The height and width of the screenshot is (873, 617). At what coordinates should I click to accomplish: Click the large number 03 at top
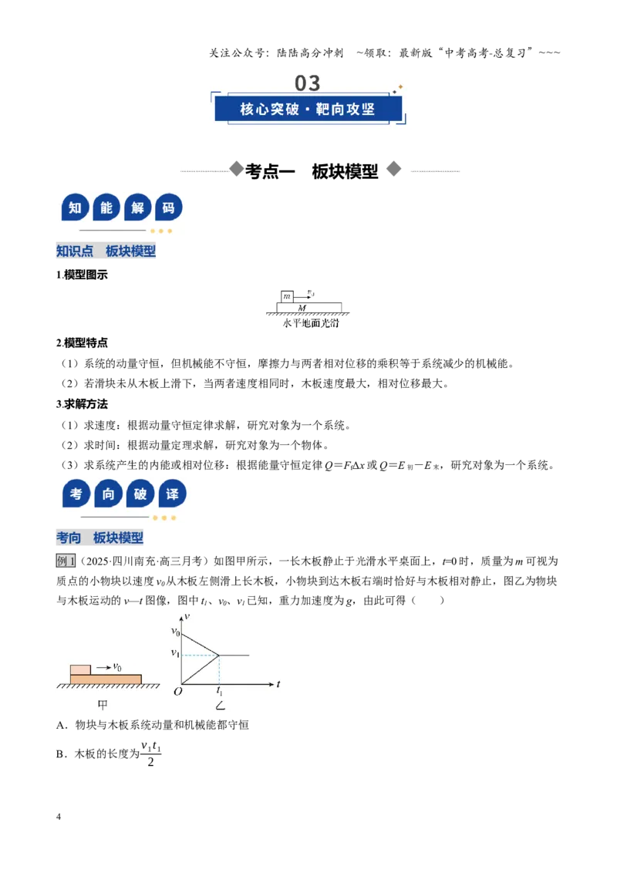point(308,83)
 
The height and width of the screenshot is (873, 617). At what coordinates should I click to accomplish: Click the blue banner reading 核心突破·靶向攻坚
point(308,109)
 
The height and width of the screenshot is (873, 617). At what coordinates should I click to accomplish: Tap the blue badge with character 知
point(75,207)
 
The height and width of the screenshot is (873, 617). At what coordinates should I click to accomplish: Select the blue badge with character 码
point(169,207)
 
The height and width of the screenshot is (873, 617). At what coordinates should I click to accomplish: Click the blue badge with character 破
point(140,494)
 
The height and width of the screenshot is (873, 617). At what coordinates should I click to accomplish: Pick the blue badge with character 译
point(172,494)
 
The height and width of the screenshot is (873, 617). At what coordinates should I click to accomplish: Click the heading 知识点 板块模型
point(106,251)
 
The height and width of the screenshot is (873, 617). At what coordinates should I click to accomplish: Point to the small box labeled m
point(287,296)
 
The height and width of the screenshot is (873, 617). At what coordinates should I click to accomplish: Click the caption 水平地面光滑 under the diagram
point(310,323)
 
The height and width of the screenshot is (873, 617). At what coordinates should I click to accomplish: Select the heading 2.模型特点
point(82,342)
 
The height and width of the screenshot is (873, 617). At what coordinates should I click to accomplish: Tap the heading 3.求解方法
point(82,403)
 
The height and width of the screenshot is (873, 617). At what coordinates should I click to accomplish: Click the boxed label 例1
point(65,561)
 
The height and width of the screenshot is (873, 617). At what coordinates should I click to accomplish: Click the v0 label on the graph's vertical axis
point(175,632)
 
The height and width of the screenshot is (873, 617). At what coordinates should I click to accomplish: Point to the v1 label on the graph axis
point(175,652)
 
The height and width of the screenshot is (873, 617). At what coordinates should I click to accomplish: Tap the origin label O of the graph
point(177,692)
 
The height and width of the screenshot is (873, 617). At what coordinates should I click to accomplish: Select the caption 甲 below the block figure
point(103,705)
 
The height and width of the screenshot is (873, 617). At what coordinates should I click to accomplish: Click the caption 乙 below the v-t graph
point(221,706)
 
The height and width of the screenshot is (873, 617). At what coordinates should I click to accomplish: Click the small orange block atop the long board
point(81,669)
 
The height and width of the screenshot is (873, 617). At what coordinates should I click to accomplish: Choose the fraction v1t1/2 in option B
point(150,754)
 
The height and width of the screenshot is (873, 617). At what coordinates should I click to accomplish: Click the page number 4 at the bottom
point(59,817)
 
